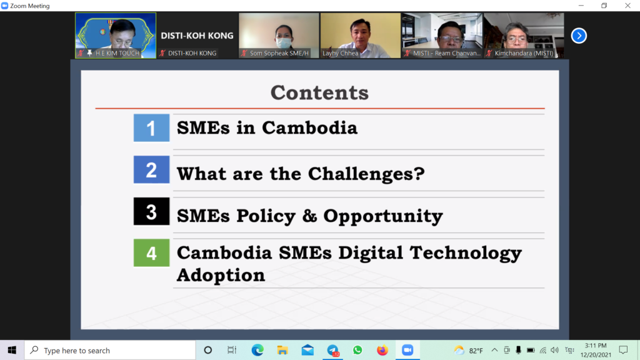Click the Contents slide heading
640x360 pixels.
click(x=319, y=92)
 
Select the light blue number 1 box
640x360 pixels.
click(x=151, y=127)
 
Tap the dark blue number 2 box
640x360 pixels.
click(x=151, y=169)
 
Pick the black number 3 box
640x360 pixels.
click(x=151, y=211)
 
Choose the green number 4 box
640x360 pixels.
click(x=151, y=253)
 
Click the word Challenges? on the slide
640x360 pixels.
click(x=366, y=174)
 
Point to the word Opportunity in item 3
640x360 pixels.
click(x=383, y=216)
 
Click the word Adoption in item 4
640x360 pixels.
click(x=221, y=275)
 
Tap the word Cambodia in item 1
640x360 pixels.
click(x=309, y=127)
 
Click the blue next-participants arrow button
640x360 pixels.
click(x=579, y=36)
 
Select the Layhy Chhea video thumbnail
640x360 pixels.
click(x=361, y=36)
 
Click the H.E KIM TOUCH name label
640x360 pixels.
click(x=117, y=53)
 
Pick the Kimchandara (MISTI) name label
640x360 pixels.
click(x=524, y=53)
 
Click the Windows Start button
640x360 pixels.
click(x=12, y=350)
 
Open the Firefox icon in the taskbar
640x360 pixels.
click(x=382, y=350)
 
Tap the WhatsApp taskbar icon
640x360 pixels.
click(x=357, y=350)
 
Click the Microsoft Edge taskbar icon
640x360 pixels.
click(x=257, y=350)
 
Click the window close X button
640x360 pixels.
click(x=627, y=6)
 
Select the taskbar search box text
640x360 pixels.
click(x=77, y=351)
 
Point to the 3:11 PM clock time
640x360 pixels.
click(x=596, y=346)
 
